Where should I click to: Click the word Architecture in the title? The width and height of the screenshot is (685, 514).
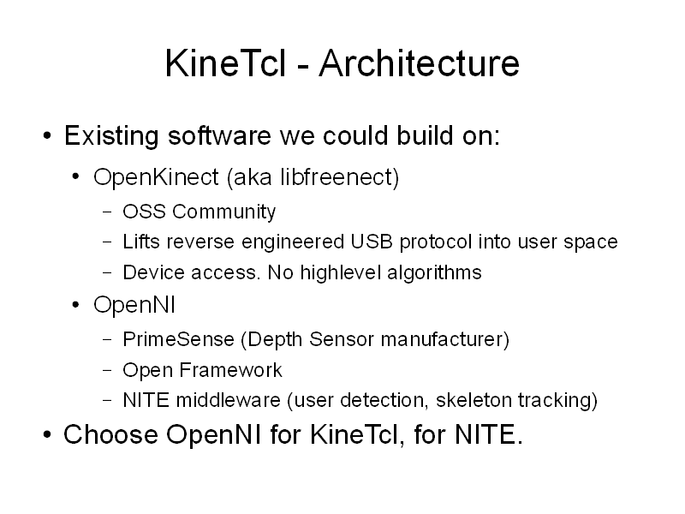pyautogui.click(x=419, y=63)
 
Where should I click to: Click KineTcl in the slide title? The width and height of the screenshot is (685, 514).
pyautogui.click(x=225, y=63)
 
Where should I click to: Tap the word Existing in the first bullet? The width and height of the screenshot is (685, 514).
pyautogui.click(x=111, y=136)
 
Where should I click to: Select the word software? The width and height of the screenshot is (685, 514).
pyautogui.click(x=220, y=135)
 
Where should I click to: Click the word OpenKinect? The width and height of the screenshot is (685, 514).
pyautogui.click(x=156, y=177)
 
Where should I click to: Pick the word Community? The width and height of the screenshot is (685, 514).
pyautogui.click(x=223, y=212)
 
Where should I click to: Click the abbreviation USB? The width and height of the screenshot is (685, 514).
pyautogui.click(x=372, y=242)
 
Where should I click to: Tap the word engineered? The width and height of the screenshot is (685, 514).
pyautogui.click(x=293, y=242)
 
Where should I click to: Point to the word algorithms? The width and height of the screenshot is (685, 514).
pyautogui.click(x=434, y=272)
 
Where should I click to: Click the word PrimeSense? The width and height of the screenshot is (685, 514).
pyautogui.click(x=178, y=339)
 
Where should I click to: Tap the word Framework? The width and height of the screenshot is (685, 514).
pyautogui.click(x=230, y=370)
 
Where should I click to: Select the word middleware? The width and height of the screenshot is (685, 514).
pyautogui.click(x=228, y=400)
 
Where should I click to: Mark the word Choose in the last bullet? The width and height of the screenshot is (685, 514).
pyautogui.click(x=110, y=434)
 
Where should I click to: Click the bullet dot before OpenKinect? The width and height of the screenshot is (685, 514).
pyautogui.click(x=75, y=177)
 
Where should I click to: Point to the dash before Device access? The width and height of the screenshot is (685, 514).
pyautogui.click(x=108, y=272)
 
